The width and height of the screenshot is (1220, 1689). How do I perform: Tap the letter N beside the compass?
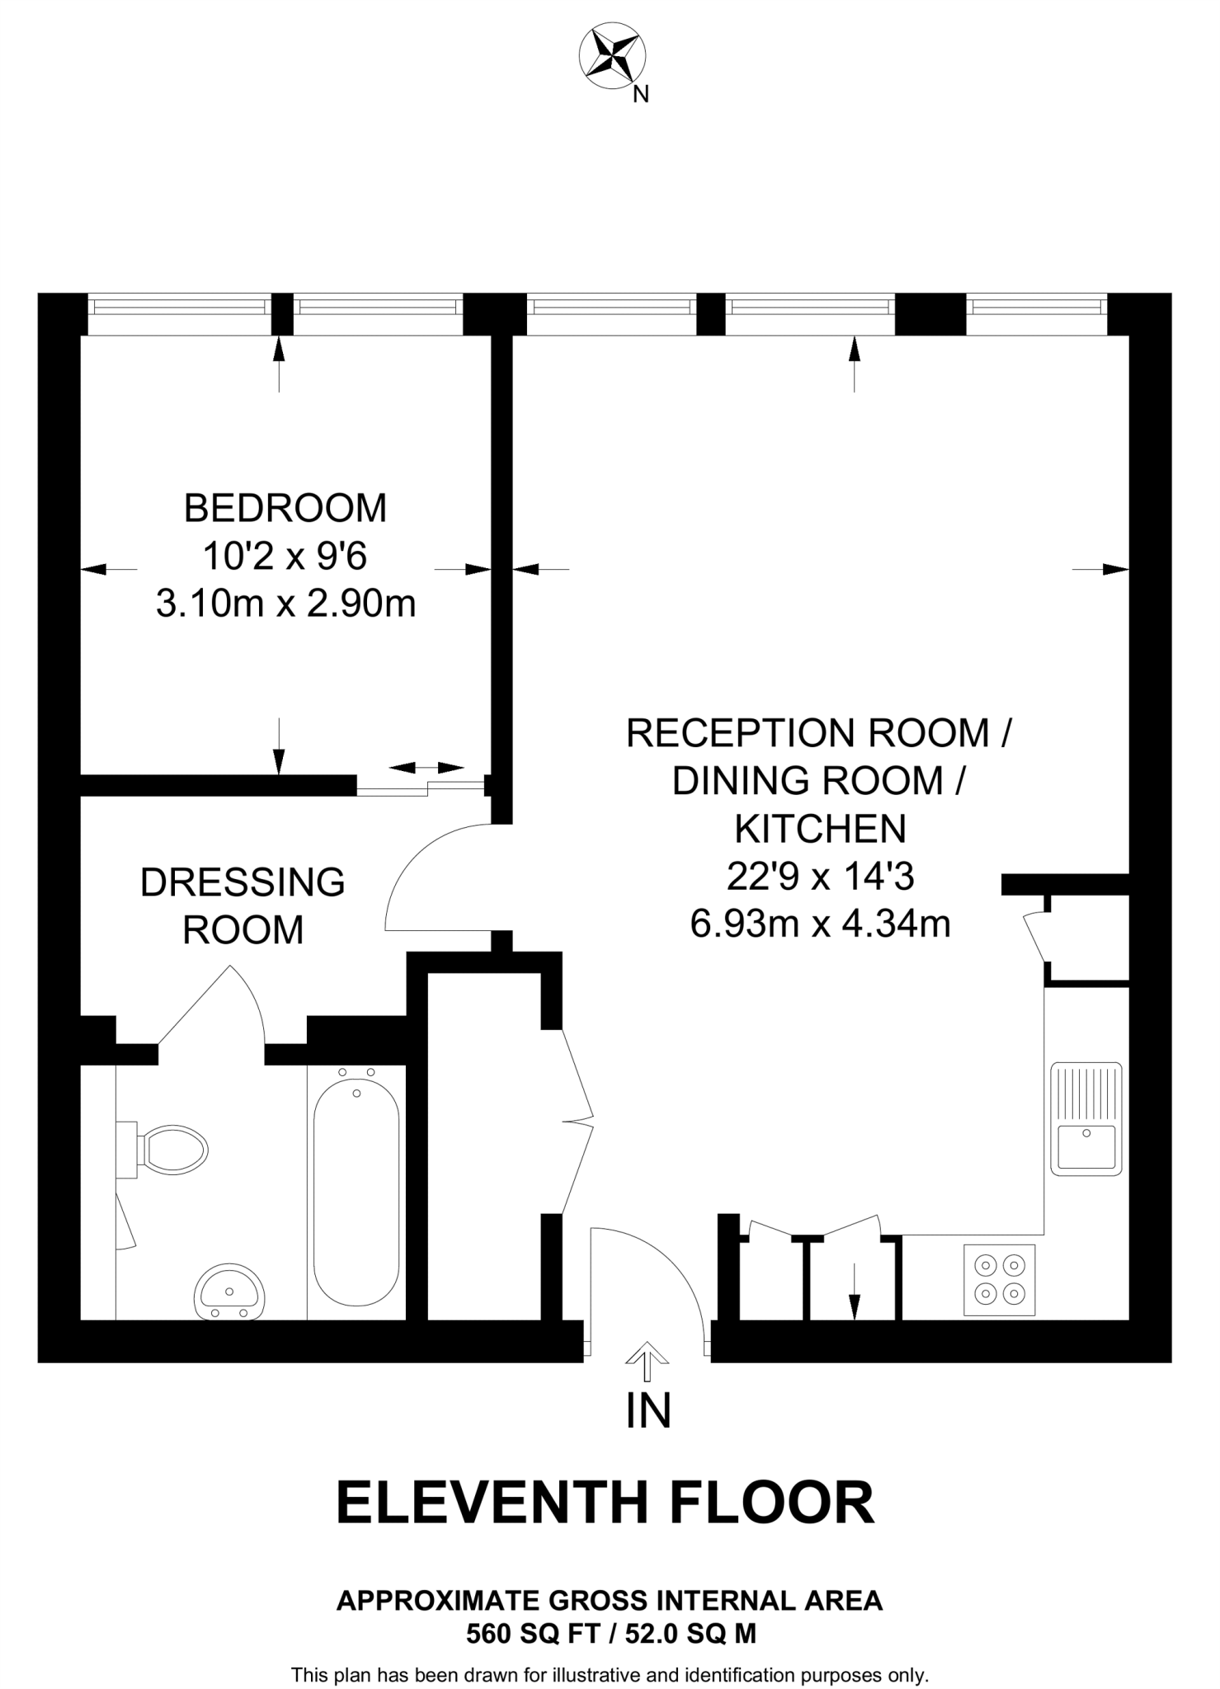(640, 95)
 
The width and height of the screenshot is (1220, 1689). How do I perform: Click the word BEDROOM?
(285, 508)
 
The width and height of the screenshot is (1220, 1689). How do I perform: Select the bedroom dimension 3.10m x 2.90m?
(285, 605)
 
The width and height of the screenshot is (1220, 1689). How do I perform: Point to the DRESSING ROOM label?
(243, 906)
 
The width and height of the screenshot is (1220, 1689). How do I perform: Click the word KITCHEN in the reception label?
(820, 829)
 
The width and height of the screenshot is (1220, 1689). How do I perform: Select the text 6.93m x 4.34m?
(820, 924)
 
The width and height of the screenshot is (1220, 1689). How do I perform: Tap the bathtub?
(356, 1192)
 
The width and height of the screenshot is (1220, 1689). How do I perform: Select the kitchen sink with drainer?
(1086, 1118)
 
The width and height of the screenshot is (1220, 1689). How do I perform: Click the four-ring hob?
(999, 1280)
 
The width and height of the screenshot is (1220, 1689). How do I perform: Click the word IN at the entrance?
(648, 1411)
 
